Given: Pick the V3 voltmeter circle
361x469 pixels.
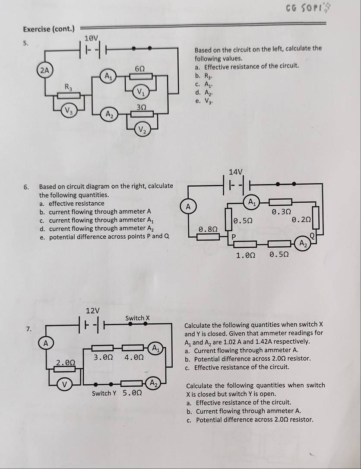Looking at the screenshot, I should tap(68, 110).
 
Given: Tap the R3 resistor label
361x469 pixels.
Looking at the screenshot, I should tap(68, 86).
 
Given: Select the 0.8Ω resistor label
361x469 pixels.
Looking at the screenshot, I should tap(208, 228).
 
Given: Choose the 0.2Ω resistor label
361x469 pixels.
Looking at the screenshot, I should tap(301, 220).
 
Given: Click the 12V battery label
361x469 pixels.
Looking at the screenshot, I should tap(92, 310).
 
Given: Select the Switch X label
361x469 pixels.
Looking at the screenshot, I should tap(137, 318).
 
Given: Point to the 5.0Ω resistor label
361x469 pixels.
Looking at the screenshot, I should tap(133, 393).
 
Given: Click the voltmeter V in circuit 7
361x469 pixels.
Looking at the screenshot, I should tap(65, 384).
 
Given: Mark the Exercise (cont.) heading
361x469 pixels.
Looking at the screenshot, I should tap(49, 29).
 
